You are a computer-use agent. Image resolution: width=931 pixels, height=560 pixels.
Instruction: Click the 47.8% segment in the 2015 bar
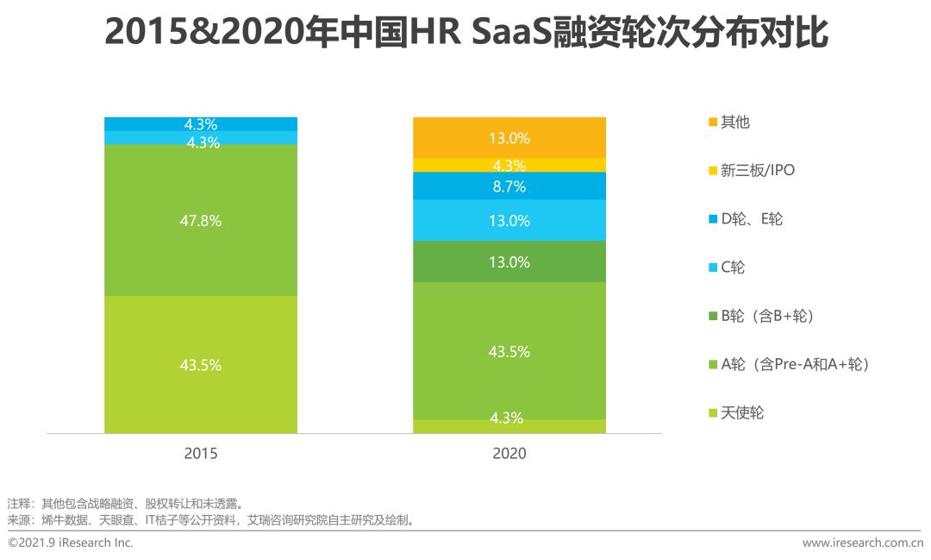tap(201, 220)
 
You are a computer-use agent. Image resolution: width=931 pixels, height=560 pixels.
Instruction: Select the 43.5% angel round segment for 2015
tap(201, 364)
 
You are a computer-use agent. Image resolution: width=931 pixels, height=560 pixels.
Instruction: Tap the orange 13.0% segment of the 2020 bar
tap(509, 137)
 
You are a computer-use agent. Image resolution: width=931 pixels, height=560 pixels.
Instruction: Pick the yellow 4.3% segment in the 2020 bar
tap(509, 165)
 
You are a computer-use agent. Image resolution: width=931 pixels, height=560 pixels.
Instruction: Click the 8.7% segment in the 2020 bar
tap(509, 186)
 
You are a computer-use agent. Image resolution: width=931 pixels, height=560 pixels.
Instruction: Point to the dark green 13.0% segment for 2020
tap(509, 261)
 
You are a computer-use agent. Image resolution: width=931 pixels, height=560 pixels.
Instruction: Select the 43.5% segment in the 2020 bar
tap(509, 351)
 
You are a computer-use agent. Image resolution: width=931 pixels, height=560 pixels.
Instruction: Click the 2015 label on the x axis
tap(201, 453)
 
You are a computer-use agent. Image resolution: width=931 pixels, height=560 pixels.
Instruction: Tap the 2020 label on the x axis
tap(509, 453)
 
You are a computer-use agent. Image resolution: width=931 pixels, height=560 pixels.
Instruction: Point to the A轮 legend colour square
tap(712, 365)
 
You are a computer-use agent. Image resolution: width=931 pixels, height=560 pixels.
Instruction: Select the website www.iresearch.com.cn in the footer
tap(862, 543)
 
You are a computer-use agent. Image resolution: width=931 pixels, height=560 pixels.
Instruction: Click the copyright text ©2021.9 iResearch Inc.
tap(71, 543)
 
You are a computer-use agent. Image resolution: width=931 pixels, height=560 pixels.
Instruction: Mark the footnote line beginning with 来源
tap(211, 520)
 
